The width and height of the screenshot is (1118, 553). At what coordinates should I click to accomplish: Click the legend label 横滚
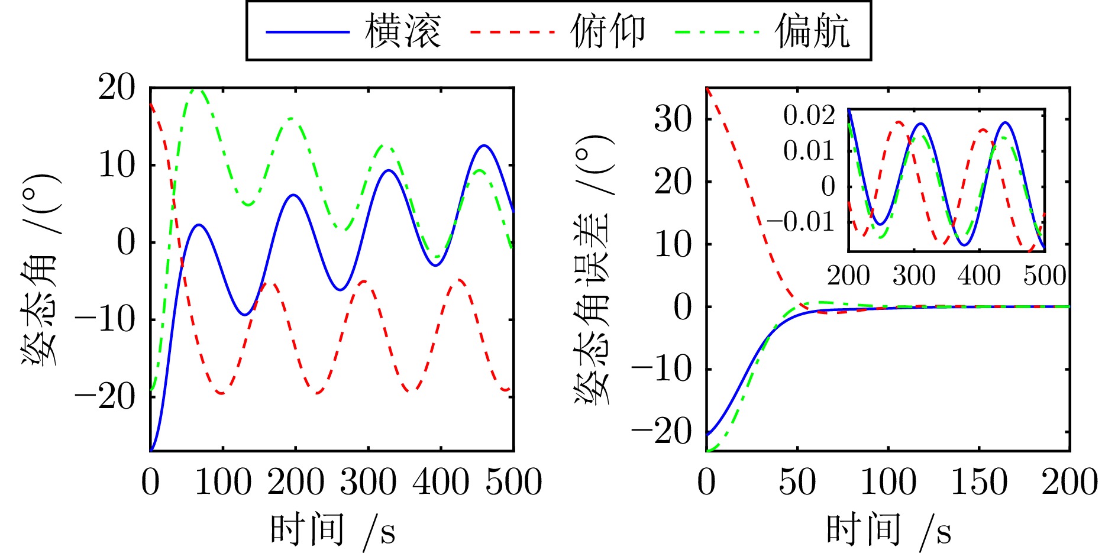click(403, 31)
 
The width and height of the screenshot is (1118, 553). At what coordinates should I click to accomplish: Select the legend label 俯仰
click(608, 31)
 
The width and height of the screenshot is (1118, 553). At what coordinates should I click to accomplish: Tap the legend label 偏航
click(813, 31)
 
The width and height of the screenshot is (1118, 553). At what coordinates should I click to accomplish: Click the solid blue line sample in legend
click(308, 31)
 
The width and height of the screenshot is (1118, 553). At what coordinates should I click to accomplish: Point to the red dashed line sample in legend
click(512, 31)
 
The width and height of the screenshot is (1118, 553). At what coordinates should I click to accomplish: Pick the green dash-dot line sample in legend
click(717, 31)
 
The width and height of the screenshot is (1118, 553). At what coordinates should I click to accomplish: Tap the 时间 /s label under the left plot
click(332, 529)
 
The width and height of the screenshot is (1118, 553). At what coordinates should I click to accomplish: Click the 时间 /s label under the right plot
click(888, 529)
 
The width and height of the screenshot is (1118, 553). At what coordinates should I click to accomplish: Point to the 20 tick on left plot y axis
click(117, 88)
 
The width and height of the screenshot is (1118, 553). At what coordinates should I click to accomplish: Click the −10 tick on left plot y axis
click(105, 320)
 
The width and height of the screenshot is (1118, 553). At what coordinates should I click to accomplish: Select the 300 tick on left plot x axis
click(368, 482)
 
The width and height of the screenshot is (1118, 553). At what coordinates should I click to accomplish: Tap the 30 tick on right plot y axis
click(673, 119)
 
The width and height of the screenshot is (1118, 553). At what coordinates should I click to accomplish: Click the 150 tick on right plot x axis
click(979, 482)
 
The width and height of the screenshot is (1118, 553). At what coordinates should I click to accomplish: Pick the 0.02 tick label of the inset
click(809, 115)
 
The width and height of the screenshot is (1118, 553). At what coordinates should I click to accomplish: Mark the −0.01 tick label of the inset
click(800, 222)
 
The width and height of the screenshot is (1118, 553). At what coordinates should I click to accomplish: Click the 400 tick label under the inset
click(979, 276)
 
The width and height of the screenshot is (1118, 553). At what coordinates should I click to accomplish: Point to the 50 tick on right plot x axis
click(797, 482)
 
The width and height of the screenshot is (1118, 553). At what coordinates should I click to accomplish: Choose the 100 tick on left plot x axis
click(223, 482)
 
